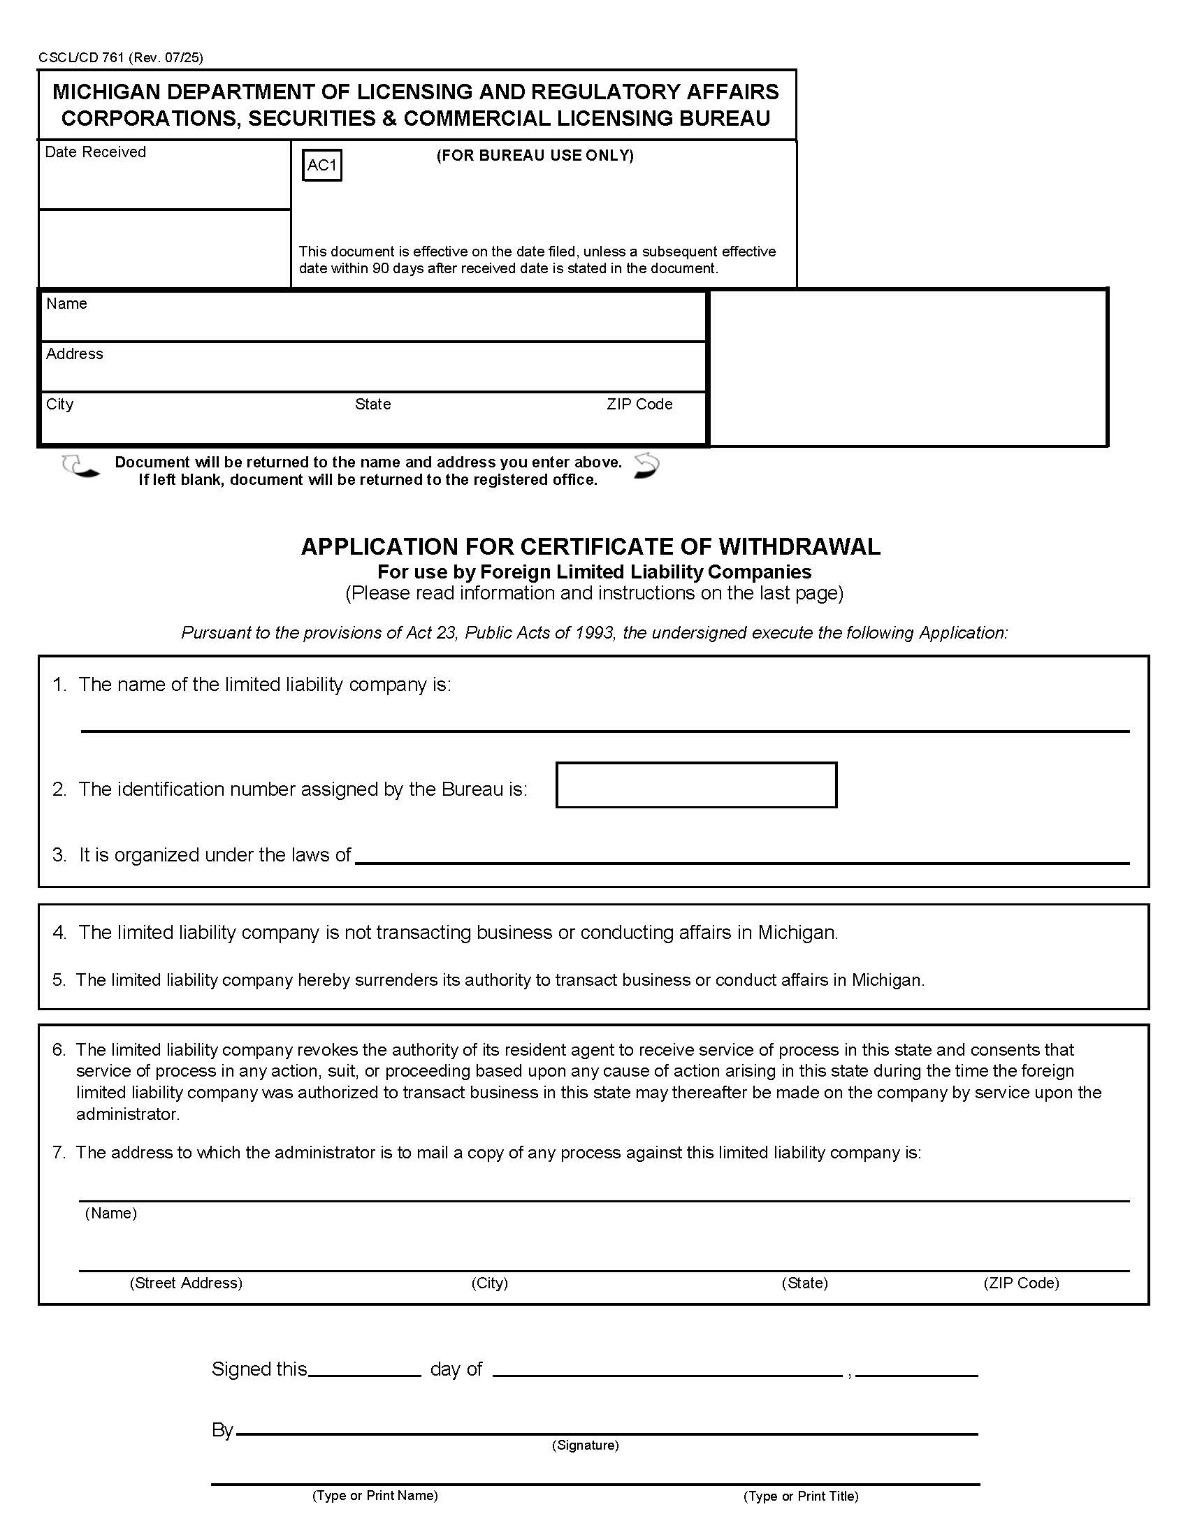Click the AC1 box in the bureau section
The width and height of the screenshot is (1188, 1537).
pos(321,166)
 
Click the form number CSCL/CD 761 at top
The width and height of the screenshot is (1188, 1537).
pos(81,58)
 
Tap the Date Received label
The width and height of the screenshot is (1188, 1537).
pos(95,152)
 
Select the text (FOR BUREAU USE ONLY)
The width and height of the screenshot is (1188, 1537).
pos(535,156)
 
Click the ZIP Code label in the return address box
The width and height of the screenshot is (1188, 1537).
pos(639,404)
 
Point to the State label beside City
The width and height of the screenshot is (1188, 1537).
pos(372,404)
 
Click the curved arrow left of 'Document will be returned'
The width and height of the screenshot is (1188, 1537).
pos(80,467)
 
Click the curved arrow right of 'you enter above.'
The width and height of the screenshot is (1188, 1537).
pos(646,466)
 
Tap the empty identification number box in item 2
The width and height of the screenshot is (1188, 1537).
pos(695,785)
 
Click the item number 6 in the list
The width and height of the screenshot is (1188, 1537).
pos(59,1049)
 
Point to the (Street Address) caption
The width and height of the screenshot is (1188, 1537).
pos(186,1282)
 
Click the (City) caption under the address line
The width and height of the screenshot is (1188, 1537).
pos(489,1282)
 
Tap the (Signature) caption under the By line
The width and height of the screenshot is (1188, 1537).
pos(585,1445)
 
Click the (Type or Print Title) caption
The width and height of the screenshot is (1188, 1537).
pos(800,1496)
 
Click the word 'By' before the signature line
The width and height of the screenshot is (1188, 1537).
pos(222,1430)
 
